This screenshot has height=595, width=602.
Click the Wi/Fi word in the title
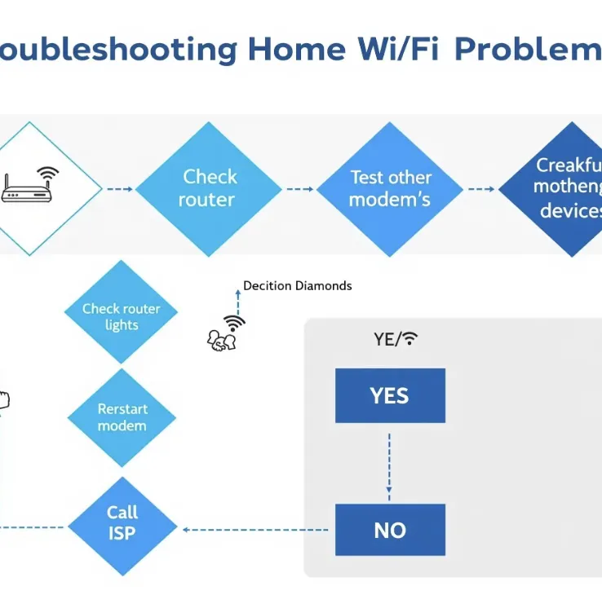tap(393, 49)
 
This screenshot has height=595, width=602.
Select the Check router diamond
tap(209, 188)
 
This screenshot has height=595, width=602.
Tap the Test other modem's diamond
tap(390, 188)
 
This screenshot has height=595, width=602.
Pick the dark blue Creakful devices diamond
tap(563, 188)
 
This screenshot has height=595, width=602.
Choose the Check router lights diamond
tap(122, 316)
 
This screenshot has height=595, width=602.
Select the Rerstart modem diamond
tap(122, 417)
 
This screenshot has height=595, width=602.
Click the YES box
tap(390, 395)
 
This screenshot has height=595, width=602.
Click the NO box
tap(390, 530)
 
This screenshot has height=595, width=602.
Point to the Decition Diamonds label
tap(298, 286)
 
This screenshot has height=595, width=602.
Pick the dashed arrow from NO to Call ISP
tap(256, 530)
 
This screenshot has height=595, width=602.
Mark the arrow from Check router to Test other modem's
tap(299, 189)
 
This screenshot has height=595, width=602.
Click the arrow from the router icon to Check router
tap(119, 189)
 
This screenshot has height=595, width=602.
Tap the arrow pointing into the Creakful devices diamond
tap(481, 189)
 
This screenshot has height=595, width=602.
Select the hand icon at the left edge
tap(3, 400)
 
